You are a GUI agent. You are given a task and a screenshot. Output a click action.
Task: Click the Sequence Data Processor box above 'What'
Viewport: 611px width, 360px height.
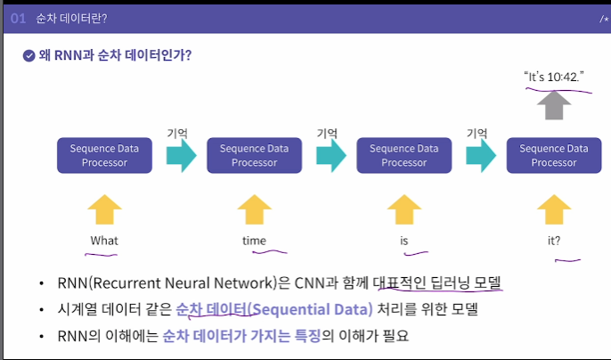pos(103,156)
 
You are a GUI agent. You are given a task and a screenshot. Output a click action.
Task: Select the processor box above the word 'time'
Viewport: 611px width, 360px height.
pos(254,156)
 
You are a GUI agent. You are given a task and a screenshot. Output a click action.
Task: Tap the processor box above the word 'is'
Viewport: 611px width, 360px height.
pos(403,156)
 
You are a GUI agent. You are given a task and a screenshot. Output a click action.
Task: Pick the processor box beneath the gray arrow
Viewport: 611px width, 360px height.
pos(553,156)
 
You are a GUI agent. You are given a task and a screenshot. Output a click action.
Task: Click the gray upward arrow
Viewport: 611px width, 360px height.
pos(553,107)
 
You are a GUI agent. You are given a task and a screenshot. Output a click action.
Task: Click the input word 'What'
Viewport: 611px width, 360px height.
pos(103,241)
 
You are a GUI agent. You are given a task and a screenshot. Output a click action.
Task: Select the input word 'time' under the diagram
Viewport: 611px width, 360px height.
pos(254,241)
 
